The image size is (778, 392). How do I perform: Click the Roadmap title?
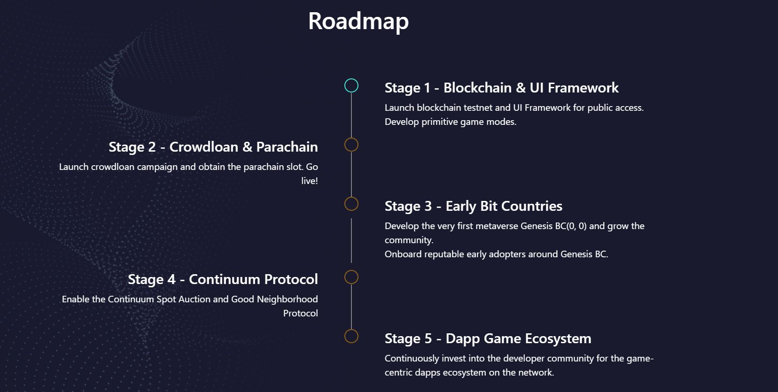[358, 22]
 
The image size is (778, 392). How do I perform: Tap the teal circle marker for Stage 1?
[351, 85]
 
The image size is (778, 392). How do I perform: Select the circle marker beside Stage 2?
[351, 145]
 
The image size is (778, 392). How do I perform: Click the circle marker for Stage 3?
[351, 204]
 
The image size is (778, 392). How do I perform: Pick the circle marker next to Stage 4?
[351, 277]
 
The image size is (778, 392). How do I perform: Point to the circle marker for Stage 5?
[351, 336]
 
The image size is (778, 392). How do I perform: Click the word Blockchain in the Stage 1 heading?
[477, 88]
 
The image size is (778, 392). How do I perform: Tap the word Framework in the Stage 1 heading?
[583, 88]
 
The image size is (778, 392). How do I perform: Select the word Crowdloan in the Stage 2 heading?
[204, 147]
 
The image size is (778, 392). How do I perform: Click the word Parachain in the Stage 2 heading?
[287, 147]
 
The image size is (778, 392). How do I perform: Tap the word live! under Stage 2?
[310, 181]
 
